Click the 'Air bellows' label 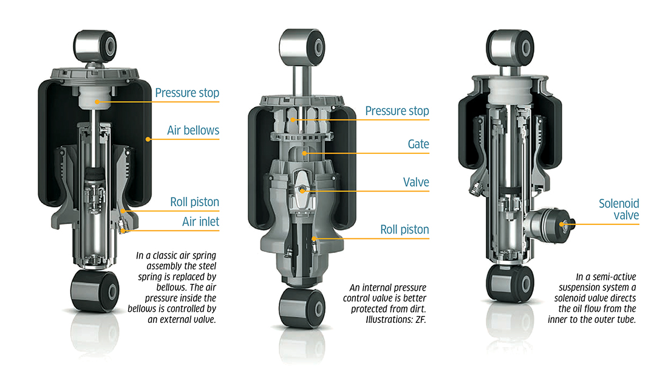[x=193, y=130]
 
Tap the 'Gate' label [x=418, y=144]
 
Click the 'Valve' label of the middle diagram [x=416, y=182]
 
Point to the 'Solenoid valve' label [x=619, y=210]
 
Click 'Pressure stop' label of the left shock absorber [x=187, y=93]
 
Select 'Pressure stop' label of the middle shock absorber [x=397, y=111]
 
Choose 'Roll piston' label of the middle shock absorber [x=404, y=229]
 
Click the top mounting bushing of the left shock [x=94, y=44]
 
